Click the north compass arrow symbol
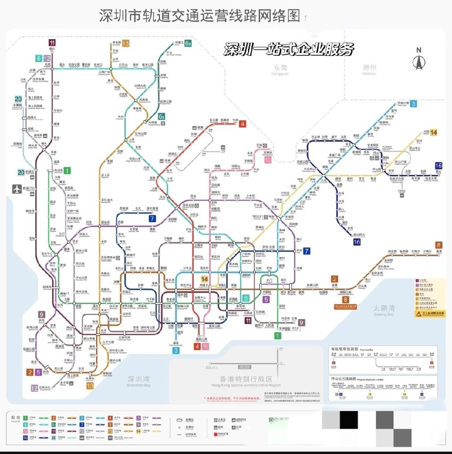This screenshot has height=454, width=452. (419, 61)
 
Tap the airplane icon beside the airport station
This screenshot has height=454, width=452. (17, 188)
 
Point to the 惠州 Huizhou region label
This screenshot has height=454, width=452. (369, 70)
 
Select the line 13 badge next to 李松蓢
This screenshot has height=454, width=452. (125, 43)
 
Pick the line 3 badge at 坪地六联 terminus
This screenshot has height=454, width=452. (413, 103)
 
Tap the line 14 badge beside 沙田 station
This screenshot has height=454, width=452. (433, 132)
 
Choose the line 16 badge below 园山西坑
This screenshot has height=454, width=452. (356, 242)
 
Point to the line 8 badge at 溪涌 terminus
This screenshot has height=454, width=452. (439, 244)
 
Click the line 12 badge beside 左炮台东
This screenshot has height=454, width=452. (34, 388)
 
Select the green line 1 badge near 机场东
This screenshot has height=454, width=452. (67, 170)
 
